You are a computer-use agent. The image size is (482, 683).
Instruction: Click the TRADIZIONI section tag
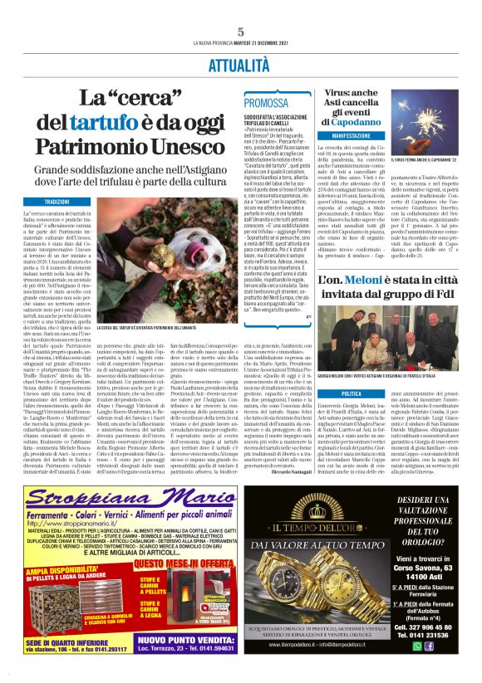57,202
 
